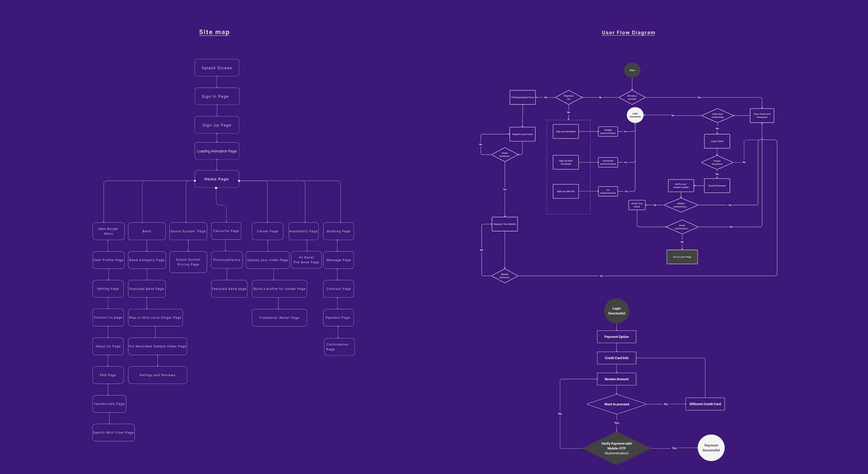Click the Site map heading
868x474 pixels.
point(214,32)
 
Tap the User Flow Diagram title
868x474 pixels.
point(628,33)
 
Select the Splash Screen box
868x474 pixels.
point(217,68)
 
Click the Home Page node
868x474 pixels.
point(217,179)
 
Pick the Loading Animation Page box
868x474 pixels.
point(217,151)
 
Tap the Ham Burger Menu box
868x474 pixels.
point(108,231)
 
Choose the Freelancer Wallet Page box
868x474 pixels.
point(279,318)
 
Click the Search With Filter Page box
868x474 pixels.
point(113,433)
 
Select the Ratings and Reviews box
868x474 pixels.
point(157,375)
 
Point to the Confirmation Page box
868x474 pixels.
point(339,347)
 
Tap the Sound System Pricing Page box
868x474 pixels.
point(188,262)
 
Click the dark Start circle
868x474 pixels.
point(632,70)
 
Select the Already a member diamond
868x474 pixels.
point(632,98)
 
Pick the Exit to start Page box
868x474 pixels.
point(682,257)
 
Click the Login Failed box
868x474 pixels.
point(717,141)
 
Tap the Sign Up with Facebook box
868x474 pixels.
point(565,162)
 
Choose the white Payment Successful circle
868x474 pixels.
point(711,448)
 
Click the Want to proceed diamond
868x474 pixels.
point(616,404)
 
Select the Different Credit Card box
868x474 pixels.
point(705,404)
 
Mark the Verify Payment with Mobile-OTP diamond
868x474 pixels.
point(616,448)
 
